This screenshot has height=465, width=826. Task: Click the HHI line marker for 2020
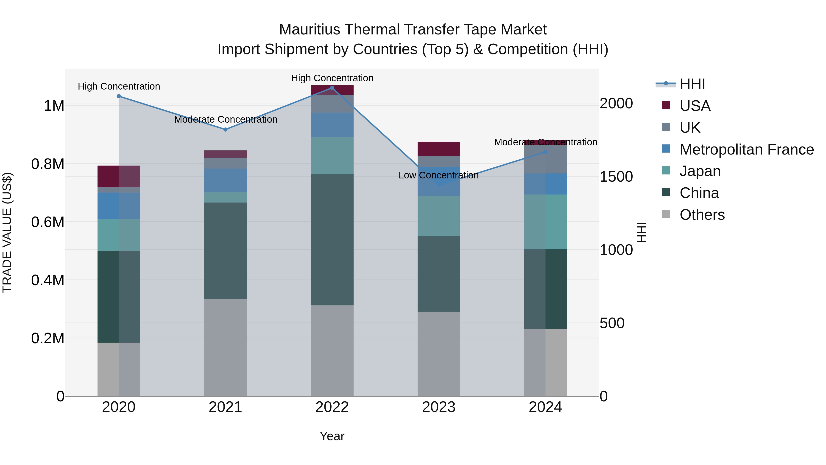[x=119, y=96]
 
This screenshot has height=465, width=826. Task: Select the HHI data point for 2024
[x=545, y=152]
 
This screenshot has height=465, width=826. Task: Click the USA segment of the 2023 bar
[x=439, y=149]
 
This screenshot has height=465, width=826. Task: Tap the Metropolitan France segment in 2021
[x=225, y=180]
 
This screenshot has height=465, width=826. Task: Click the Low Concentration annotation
[x=438, y=175]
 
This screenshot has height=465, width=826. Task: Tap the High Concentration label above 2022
[x=332, y=78]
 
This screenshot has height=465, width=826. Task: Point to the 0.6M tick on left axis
[x=48, y=222]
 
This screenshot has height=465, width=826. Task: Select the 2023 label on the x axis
[x=439, y=407]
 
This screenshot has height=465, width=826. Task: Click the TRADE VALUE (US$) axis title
[x=7, y=232]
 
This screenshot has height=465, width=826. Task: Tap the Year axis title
[x=332, y=436]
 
